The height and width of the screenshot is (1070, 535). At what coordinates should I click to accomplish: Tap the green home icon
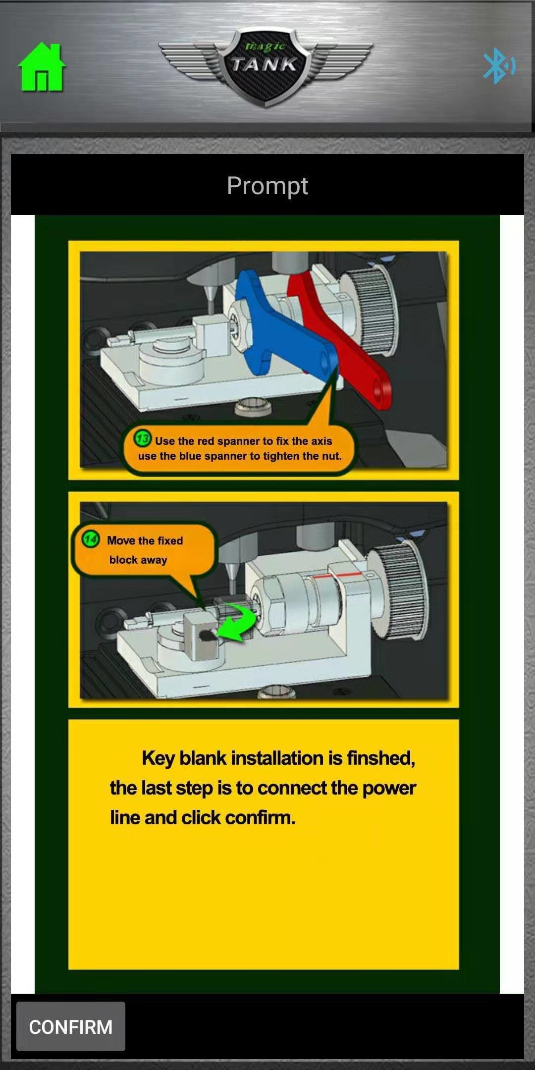click(42, 67)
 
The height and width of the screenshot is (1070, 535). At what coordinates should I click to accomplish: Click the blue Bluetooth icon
click(499, 65)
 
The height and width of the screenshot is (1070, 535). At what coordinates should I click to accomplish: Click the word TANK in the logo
click(264, 64)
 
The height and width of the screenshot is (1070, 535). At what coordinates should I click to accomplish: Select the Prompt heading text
click(267, 186)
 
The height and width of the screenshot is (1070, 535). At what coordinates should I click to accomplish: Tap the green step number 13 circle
click(143, 438)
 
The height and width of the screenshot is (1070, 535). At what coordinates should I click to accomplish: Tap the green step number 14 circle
click(91, 539)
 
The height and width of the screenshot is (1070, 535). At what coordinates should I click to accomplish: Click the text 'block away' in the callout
click(138, 560)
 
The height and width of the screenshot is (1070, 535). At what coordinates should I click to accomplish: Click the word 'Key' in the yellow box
click(158, 758)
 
